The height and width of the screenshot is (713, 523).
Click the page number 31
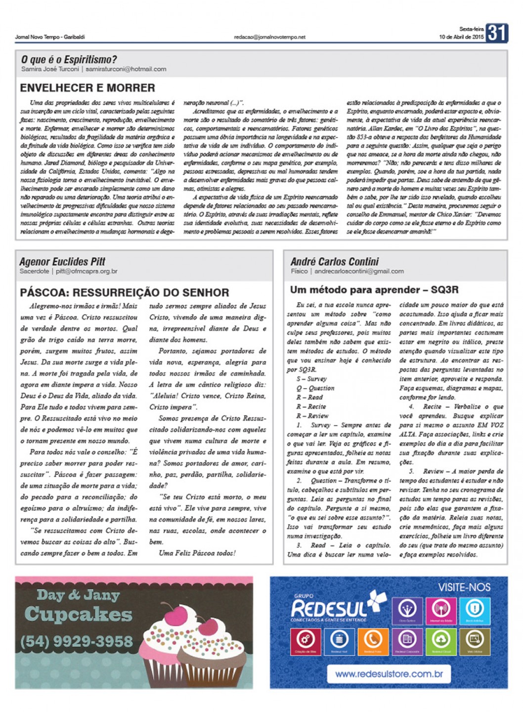(496, 33)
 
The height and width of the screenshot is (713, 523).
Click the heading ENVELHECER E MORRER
(87, 88)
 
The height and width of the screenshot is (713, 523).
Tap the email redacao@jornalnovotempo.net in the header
(269, 37)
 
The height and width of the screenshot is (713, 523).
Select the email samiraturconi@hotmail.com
(126, 69)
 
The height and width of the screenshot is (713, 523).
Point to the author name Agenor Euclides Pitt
(62, 261)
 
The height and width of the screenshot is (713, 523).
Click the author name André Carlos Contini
(335, 261)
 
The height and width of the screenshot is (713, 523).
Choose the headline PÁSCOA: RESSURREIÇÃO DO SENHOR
(125, 293)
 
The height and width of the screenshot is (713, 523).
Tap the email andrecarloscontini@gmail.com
(359, 271)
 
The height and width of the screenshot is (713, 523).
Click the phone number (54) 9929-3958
(77, 641)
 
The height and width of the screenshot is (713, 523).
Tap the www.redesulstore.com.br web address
(389, 673)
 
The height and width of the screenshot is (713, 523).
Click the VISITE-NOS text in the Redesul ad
(464, 587)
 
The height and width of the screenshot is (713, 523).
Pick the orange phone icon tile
(372, 641)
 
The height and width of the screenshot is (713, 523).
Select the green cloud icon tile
(440, 641)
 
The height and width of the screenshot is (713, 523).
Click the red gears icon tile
(305, 641)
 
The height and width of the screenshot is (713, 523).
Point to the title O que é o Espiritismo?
(69, 60)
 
